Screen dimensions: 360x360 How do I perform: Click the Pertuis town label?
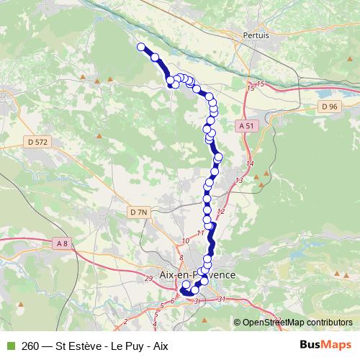pos(256,35)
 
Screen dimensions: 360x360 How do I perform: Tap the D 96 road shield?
pos(329,107)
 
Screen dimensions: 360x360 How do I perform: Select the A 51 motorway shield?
pos(246,125)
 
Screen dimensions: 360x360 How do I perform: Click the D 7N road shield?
pos(139,212)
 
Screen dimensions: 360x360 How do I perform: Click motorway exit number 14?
pos(250,165)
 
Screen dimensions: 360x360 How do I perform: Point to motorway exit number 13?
pos(239,180)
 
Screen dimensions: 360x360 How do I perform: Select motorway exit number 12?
pos(221,211)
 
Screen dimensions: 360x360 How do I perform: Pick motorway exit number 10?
pos(186,240)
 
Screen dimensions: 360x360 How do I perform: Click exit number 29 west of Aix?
pos(148,278)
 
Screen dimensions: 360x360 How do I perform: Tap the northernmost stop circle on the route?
pos(141,48)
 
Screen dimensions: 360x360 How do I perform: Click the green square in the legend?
pos(9,345)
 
